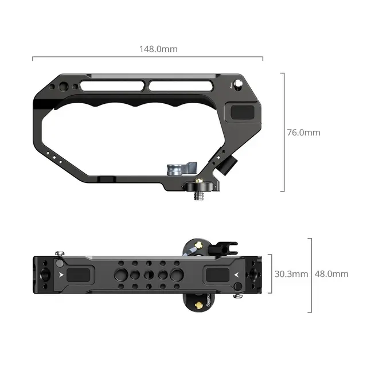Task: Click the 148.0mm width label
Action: point(158,49)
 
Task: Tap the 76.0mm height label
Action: point(303,132)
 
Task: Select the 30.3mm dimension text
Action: point(291,274)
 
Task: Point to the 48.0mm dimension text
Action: point(331,274)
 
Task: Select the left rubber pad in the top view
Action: point(80,275)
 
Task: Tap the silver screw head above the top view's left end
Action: point(60,253)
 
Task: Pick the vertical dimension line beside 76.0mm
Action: point(283,132)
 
